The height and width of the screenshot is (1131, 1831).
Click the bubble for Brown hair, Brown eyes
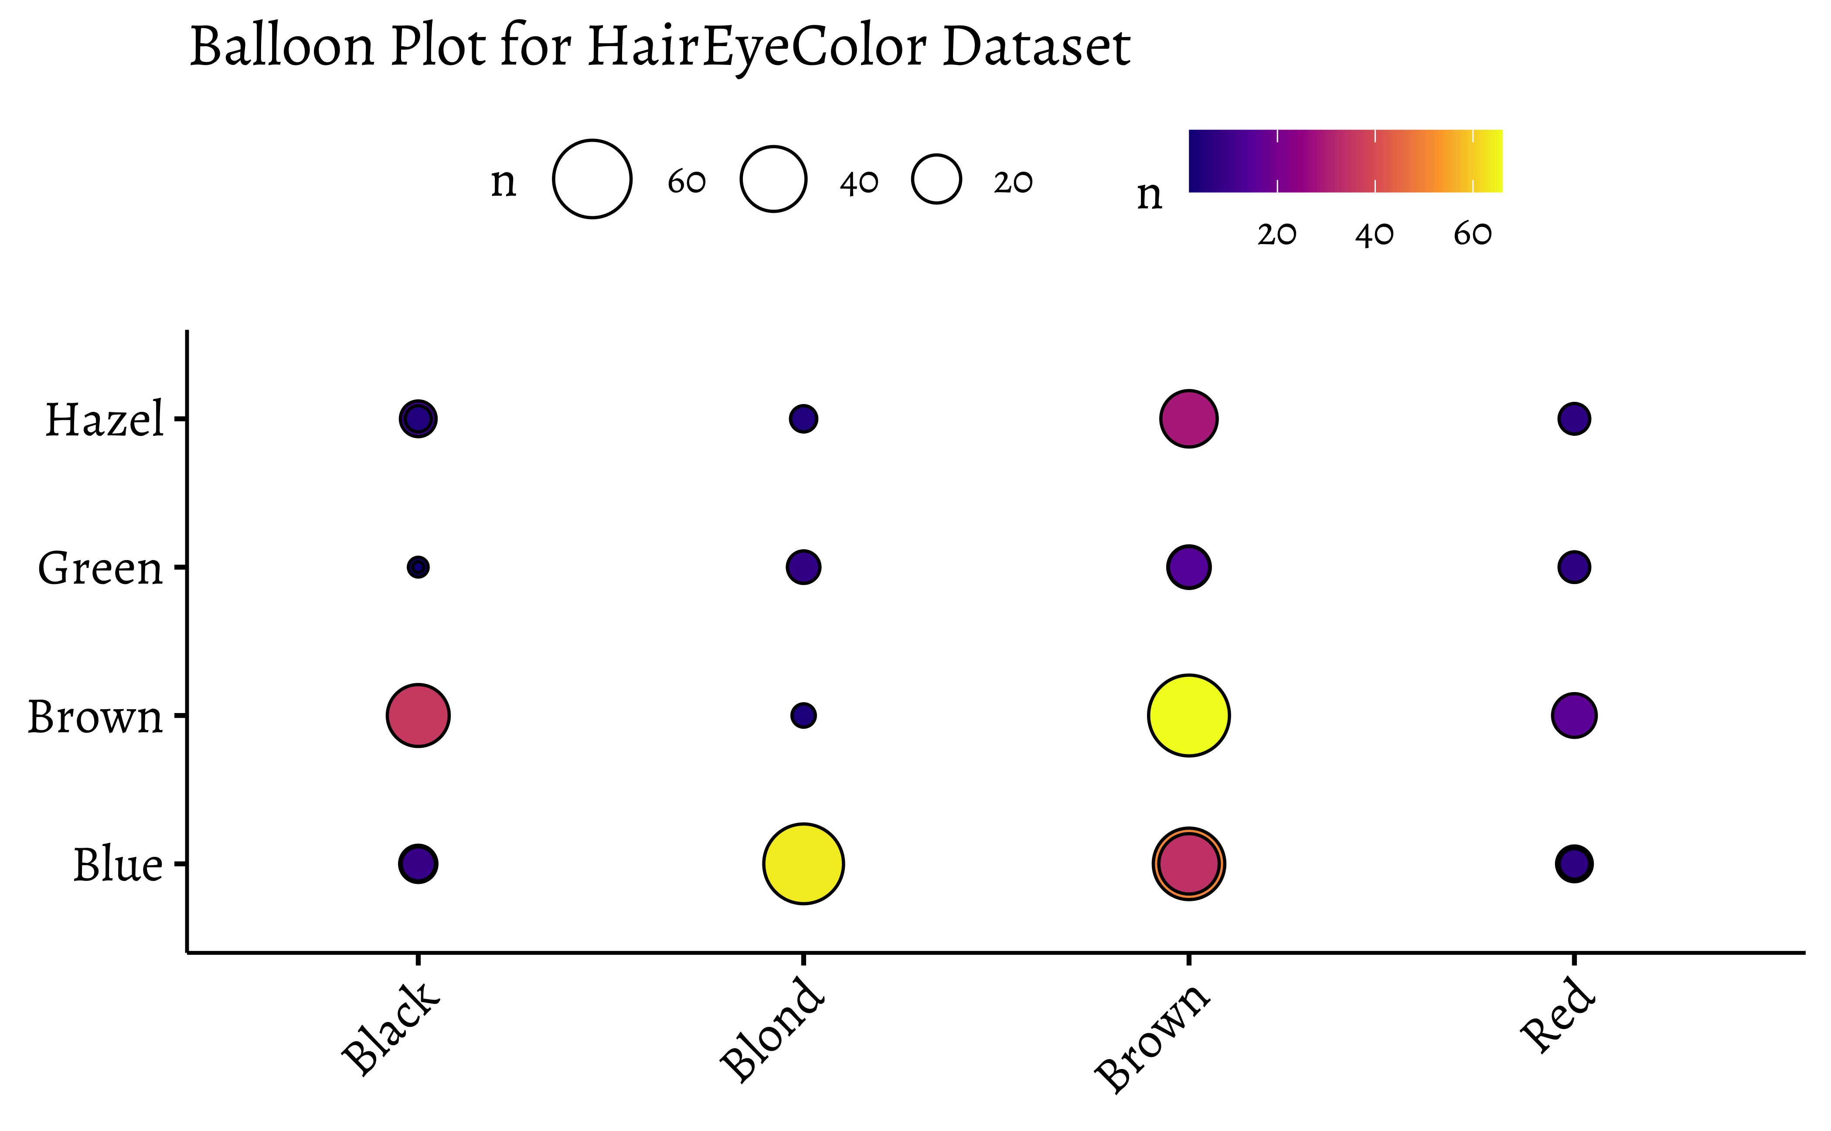(1188, 715)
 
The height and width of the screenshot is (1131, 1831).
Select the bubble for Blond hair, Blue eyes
(803, 864)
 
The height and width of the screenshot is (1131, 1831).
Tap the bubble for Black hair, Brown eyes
(418, 715)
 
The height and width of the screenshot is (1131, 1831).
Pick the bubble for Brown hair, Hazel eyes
(1188, 419)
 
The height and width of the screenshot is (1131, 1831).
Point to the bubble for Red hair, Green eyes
(1574, 567)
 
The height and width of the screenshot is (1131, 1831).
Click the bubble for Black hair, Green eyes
(418, 567)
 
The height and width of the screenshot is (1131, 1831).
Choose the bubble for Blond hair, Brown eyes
(803, 715)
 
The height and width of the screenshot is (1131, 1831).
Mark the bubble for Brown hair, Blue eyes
(1188, 864)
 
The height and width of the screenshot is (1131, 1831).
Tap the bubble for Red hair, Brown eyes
(1574, 715)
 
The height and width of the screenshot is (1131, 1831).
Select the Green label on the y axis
(100, 568)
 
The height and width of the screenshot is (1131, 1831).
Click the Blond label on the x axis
(772, 1032)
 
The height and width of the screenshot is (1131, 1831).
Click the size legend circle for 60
(592, 180)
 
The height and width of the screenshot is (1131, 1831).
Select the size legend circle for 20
(936, 180)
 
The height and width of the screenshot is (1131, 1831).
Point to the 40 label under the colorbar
(1374, 235)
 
